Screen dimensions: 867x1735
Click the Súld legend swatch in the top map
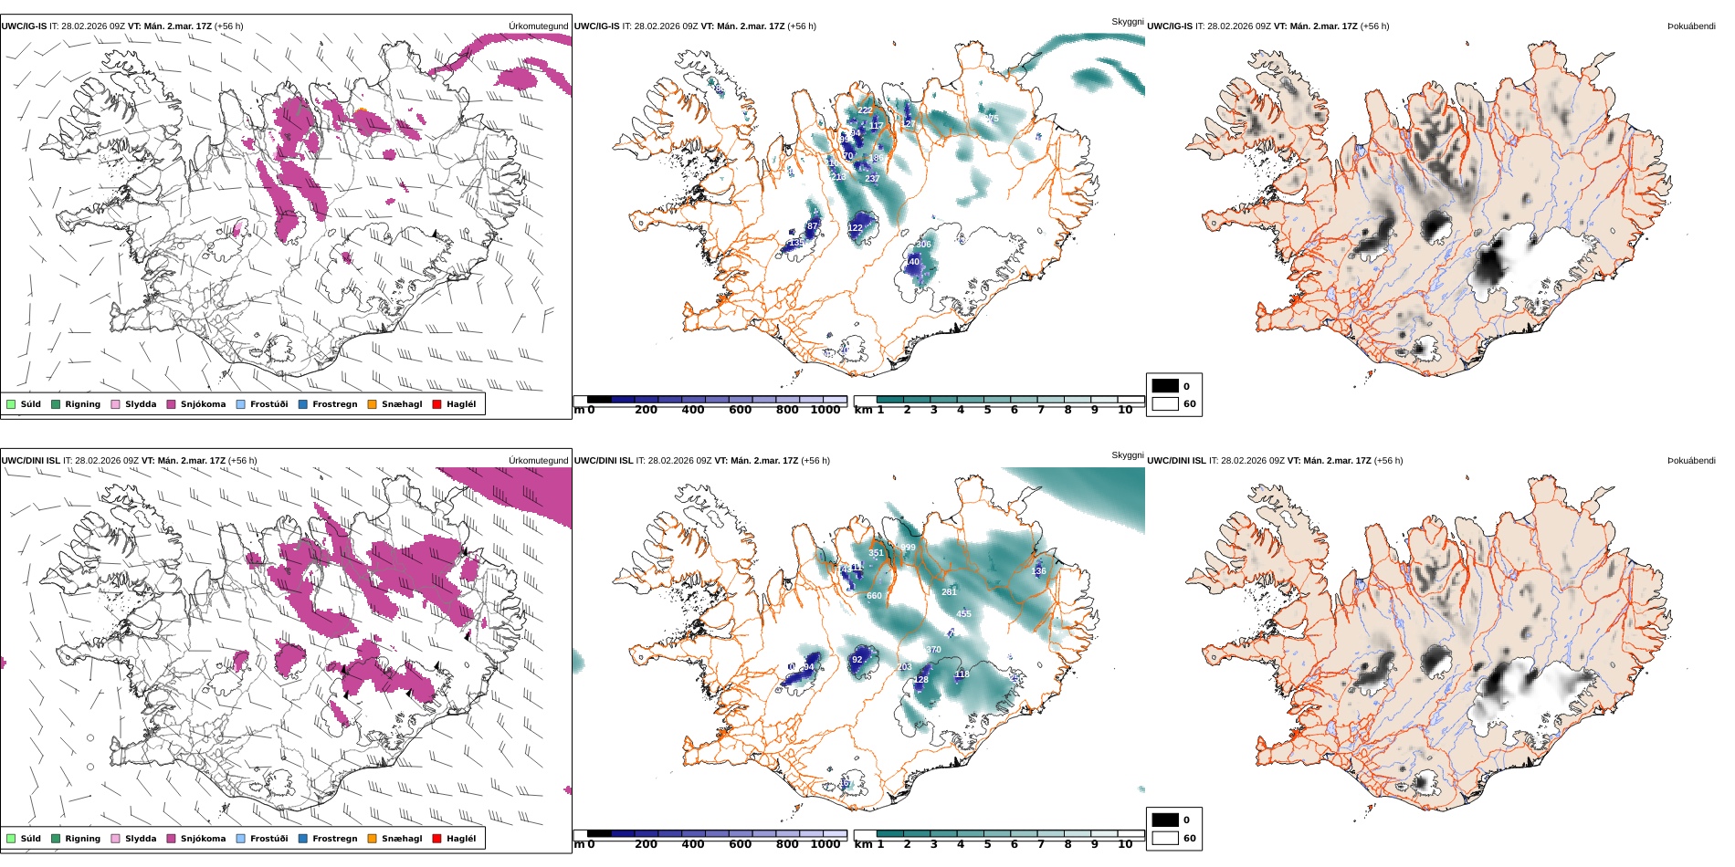click(11, 404)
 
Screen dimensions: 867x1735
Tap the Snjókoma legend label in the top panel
click(203, 404)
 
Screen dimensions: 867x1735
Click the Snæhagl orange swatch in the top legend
click(372, 404)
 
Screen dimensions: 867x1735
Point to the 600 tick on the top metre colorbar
click(740, 410)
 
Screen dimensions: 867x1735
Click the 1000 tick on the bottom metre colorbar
click(825, 844)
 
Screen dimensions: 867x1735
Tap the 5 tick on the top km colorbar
click(987, 410)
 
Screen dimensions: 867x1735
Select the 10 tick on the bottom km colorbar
click(1125, 844)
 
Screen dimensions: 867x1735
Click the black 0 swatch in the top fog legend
click(1165, 386)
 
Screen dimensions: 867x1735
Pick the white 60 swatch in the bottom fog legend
click(1165, 838)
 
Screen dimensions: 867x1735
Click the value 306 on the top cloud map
click(923, 245)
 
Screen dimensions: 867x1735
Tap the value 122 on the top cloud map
click(855, 228)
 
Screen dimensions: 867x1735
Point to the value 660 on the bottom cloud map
click(874, 596)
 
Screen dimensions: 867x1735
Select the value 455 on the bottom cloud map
click(963, 614)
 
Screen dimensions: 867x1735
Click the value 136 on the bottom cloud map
click(1038, 571)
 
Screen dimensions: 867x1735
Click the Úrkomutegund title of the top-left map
click(538, 26)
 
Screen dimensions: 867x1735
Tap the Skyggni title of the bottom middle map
click(1127, 455)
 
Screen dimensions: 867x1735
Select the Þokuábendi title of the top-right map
click(1691, 26)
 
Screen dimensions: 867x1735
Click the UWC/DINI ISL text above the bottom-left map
click(30, 461)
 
